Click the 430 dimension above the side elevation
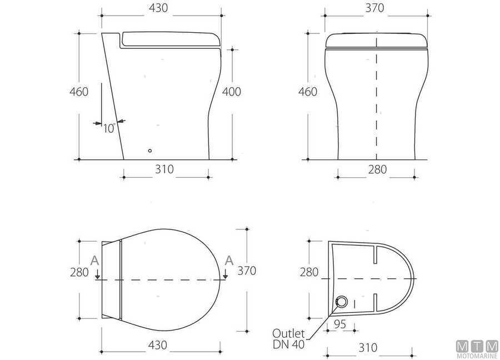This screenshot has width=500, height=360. [158, 8]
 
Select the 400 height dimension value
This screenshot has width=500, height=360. [231, 92]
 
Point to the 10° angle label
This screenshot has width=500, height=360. [109, 129]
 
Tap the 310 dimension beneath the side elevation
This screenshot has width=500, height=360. [164, 169]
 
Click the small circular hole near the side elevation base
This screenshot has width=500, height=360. [149, 150]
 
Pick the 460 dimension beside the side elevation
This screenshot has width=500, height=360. [79, 92]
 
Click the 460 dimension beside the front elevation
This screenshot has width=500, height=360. [307, 92]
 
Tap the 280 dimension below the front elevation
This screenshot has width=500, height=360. [377, 169]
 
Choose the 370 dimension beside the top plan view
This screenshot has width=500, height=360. [247, 271]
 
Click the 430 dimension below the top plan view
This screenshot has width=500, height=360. [157, 345]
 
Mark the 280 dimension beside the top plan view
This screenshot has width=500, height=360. [79, 272]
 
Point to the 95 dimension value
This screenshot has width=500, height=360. [340, 323]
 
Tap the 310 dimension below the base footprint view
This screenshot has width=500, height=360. [367, 348]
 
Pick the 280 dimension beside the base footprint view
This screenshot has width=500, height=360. [309, 272]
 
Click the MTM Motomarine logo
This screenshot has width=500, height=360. [476, 347]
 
